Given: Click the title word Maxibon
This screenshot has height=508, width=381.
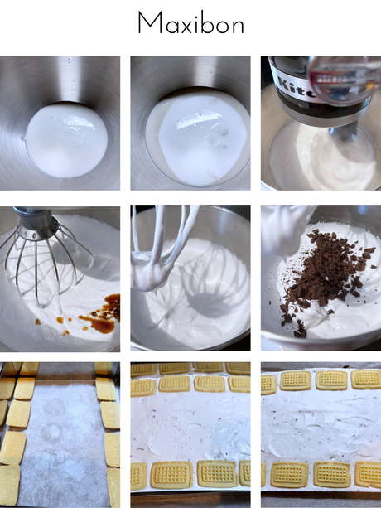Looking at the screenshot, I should coord(190,23).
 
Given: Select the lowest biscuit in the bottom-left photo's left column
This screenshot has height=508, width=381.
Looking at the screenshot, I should coord(9,485).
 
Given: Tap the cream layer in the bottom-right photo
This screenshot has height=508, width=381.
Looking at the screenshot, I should coord(319,427).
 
